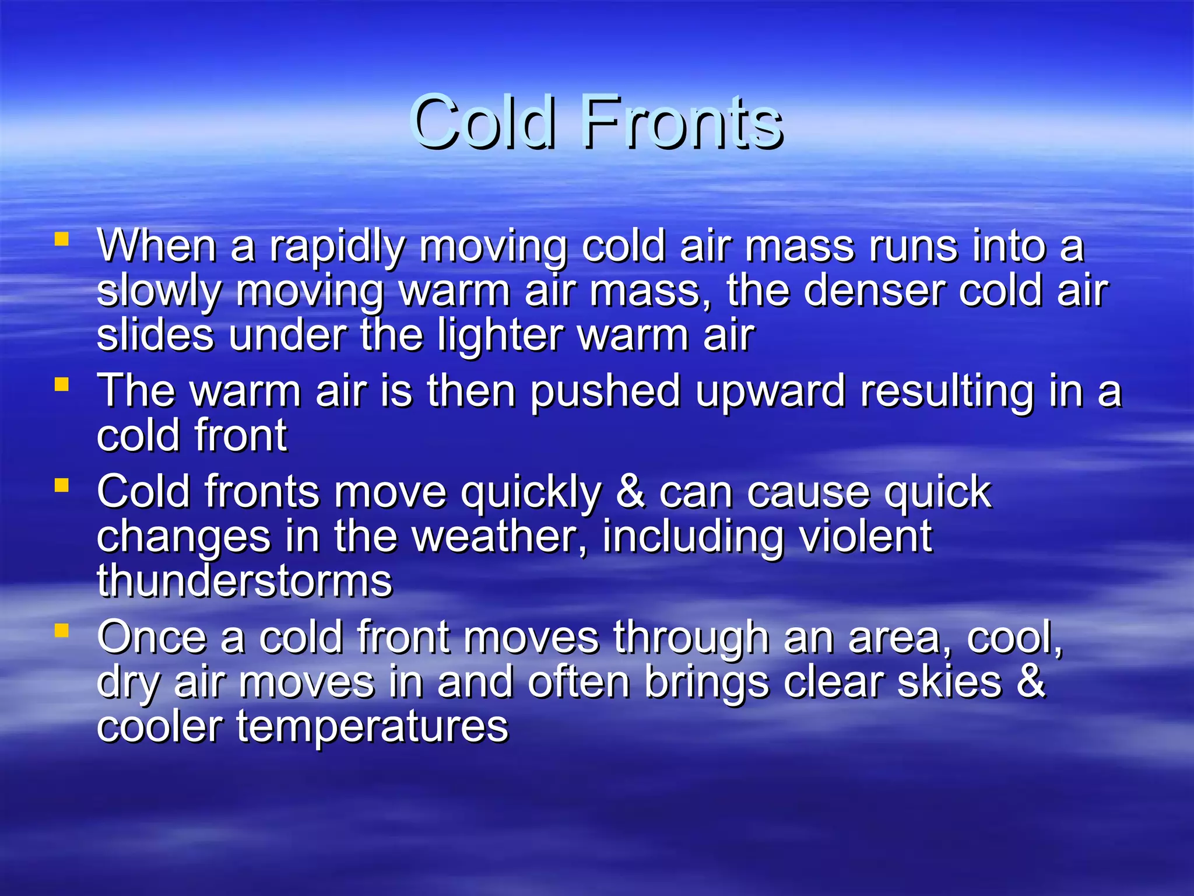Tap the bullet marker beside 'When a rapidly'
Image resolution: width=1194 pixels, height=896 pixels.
(x=61, y=239)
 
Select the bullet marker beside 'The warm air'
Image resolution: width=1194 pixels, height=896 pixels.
(x=61, y=384)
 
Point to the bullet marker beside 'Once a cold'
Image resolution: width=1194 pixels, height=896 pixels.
(x=61, y=631)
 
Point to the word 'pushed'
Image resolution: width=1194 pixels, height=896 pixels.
(x=605, y=392)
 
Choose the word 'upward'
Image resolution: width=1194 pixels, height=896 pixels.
(x=770, y=392)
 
